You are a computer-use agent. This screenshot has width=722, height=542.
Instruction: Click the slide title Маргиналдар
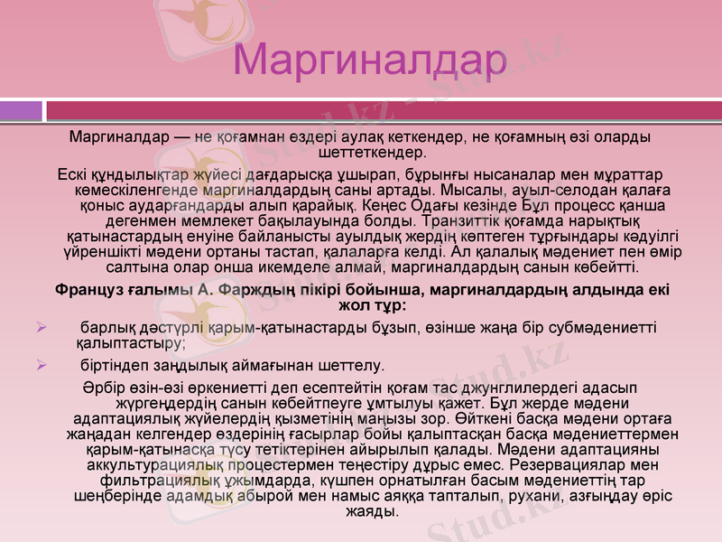[369, 61]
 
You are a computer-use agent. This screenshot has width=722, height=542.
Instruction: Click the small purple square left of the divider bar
[21, 111]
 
